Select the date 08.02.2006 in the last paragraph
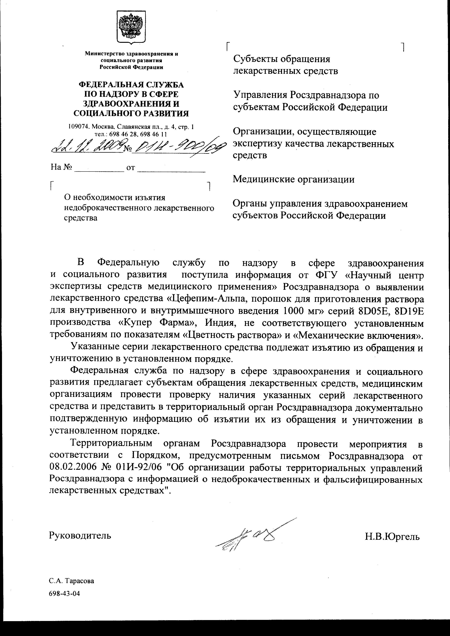(x=73, y=467)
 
